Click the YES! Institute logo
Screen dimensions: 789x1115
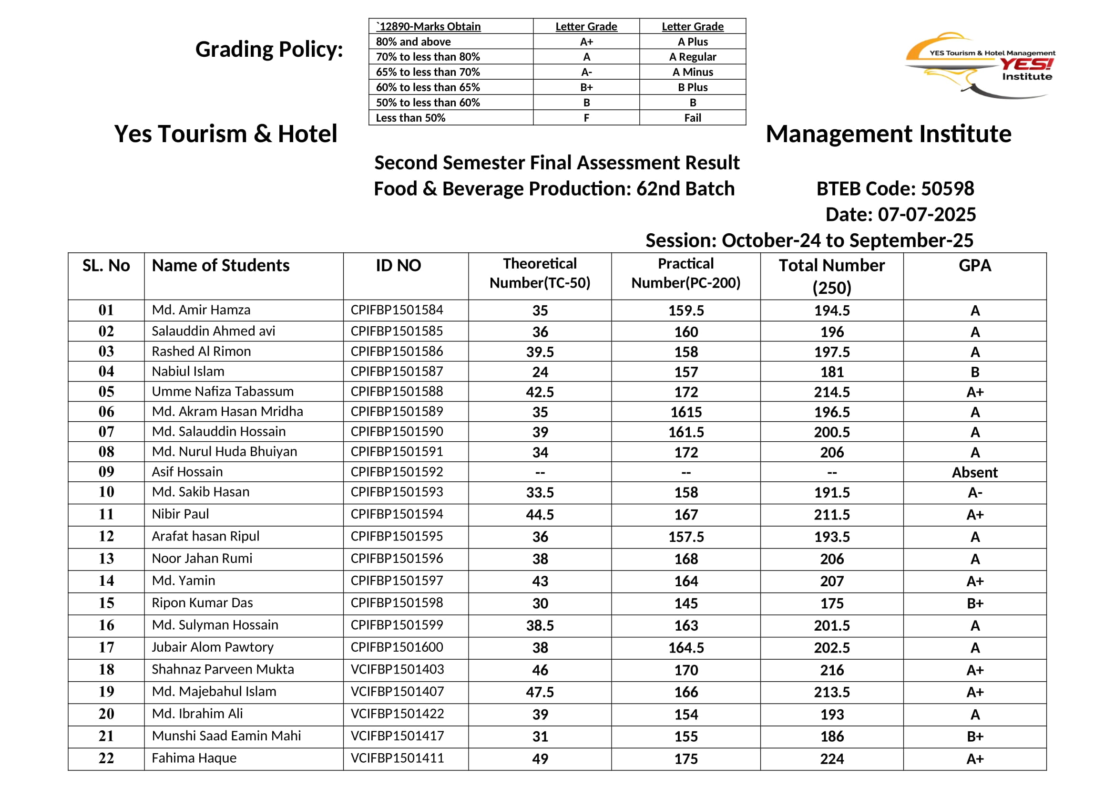point(980,65)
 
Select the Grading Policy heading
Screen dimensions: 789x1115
point(269,50)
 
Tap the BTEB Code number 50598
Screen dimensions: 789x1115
point(947,188)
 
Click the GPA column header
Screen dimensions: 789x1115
point(974,266)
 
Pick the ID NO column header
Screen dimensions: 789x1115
point(398,266)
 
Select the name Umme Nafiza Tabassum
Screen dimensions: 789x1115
point(223,391)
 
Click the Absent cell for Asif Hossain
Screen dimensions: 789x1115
point(974,472)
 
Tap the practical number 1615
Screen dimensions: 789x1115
point(685,412)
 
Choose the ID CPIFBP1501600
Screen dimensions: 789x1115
point(397,647)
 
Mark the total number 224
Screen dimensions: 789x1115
point(831,758)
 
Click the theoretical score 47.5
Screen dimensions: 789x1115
point(540,692)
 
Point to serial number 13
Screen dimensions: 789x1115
point(106,559)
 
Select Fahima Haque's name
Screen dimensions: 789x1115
point(194,758)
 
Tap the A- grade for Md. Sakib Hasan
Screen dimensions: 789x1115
point(974,493)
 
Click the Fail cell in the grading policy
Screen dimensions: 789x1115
point(692,117)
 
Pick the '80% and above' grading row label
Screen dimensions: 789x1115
point(413,42)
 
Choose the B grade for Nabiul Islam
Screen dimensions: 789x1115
point(974,372)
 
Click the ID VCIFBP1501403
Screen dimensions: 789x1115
point(397,669)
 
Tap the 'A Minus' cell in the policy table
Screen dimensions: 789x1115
point(692,72)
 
